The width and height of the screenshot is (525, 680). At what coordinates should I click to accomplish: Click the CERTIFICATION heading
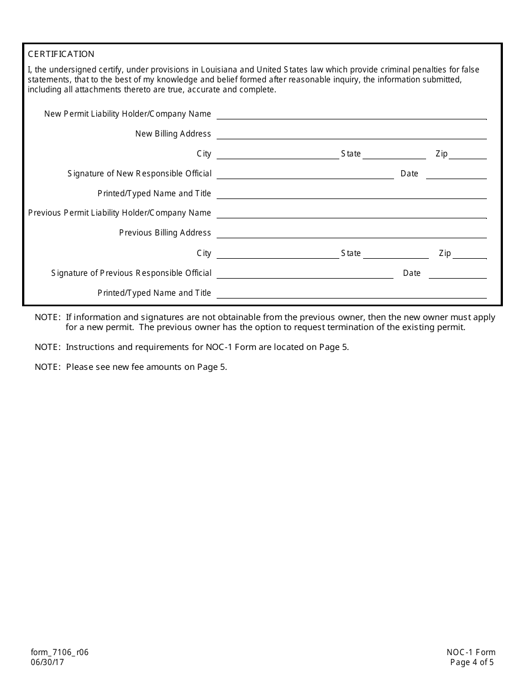(61, 54)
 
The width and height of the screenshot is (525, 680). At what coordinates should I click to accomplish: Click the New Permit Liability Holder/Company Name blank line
(351, 114)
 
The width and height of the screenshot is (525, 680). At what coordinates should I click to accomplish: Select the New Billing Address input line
(351, 134)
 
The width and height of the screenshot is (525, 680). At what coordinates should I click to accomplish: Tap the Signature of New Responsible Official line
(305, 174)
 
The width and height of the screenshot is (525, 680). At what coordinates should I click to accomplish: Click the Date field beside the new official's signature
(456, 174)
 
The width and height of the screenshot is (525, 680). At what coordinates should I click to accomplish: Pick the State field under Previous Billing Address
(396, 254)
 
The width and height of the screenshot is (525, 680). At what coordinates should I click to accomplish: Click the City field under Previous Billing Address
(278, 254)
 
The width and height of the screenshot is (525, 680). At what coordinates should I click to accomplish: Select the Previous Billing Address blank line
(351, 233)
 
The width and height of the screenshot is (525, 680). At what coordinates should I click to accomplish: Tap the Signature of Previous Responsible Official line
(305, 274)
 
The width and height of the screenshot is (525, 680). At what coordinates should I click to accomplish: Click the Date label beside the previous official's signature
(412, 273)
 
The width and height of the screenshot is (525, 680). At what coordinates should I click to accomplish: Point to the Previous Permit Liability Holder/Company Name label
(119, 213)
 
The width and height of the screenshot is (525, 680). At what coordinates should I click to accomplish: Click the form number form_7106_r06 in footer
(60, 652)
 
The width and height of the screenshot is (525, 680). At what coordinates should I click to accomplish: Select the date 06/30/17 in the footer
(48, 662)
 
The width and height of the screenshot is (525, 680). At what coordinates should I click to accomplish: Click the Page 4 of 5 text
(472, 662)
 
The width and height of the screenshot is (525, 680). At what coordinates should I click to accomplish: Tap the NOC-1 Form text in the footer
(471, 652)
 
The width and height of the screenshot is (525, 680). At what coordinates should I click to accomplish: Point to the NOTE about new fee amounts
(131, 367)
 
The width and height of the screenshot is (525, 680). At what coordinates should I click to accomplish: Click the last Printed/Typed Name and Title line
(351, 294)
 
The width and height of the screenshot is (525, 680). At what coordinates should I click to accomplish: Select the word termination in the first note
(363, 327)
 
